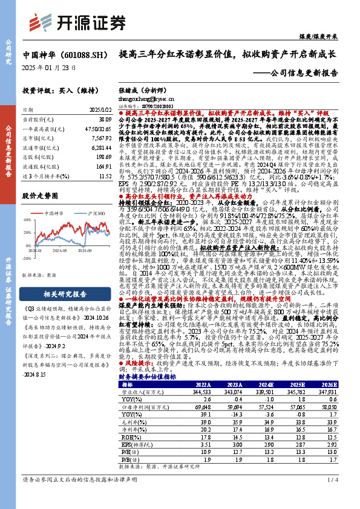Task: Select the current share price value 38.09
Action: (x=104, y=120)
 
